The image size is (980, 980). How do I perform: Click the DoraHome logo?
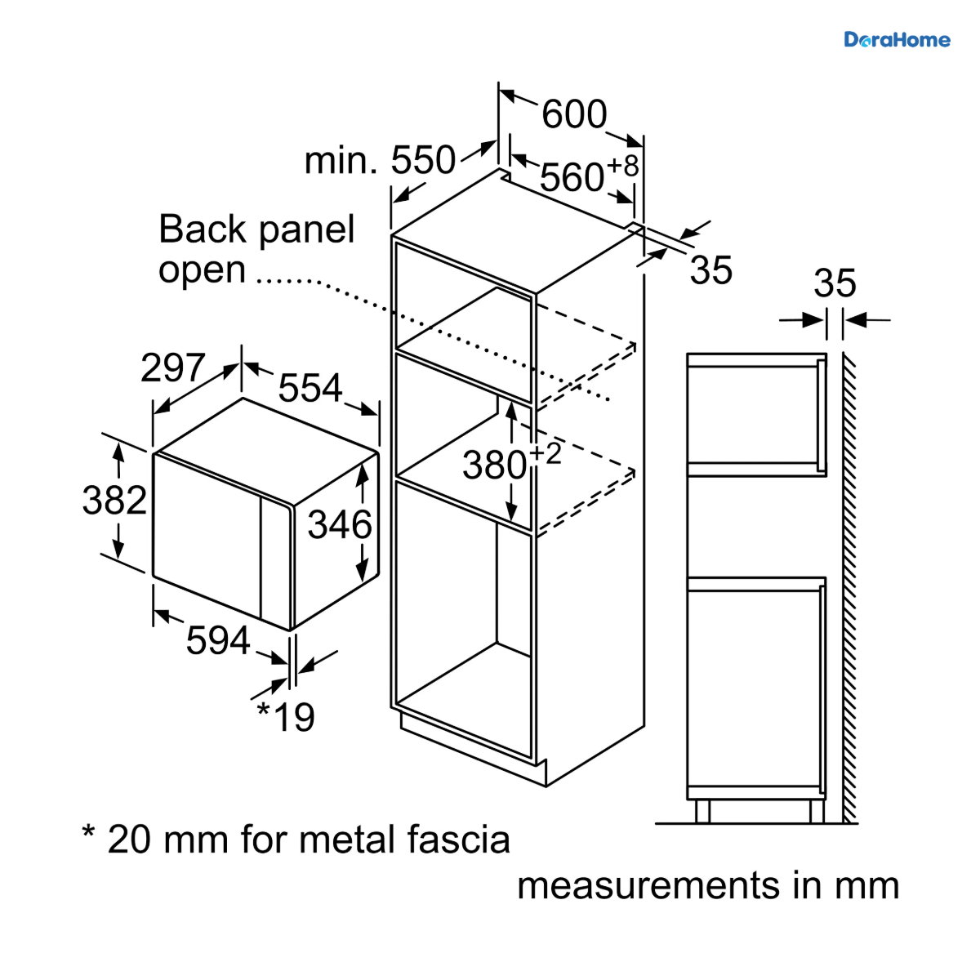pyautogui.click(x=897, y=40)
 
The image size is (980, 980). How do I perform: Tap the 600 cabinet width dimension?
pyautogui.click(x=574, y=114)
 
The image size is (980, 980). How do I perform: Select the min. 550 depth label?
pyautogui.click(x=380, y=160)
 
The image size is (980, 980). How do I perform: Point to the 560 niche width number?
pyautogui.click(x=572, y=177)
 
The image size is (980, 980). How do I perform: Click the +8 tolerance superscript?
pyautogui.click(x=623, y=166)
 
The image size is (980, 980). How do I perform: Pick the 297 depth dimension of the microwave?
pyautogui.click(x=173, y=367)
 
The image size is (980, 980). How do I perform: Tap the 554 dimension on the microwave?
pyautogui.click(x=310, y=388)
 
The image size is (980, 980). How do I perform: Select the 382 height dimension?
pyautogui.click(x=114, y=501)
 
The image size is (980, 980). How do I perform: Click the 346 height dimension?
pyautogui.click(x=340, y=525)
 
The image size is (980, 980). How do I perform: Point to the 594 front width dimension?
pyautogui.click(x=218, y=640)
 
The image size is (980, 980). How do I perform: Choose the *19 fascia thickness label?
pyautogui.click(x=286, y=716)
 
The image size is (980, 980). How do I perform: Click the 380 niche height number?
pyautogui.click(x=494, y=465)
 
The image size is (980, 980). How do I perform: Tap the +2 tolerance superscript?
pyautogui.click(x=546, y=453)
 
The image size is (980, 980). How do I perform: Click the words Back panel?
pyautogui.click(x=256, y=229)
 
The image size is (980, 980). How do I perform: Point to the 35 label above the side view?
pyautogui.click(x=835, y=283)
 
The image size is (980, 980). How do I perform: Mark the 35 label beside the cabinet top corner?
pyautogui.click(x=711, y=270)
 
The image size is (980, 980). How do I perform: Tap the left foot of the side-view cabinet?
pyautogui.click(x=702, y=811)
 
